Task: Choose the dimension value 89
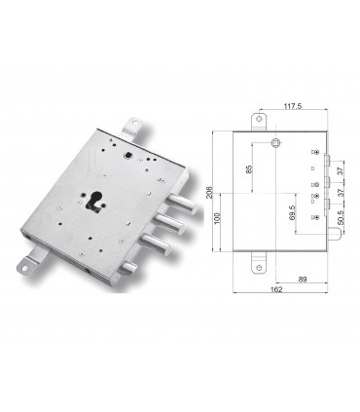coord(304,280)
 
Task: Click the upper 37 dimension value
coord(340,169)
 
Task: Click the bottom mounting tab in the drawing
coord(260,260)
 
